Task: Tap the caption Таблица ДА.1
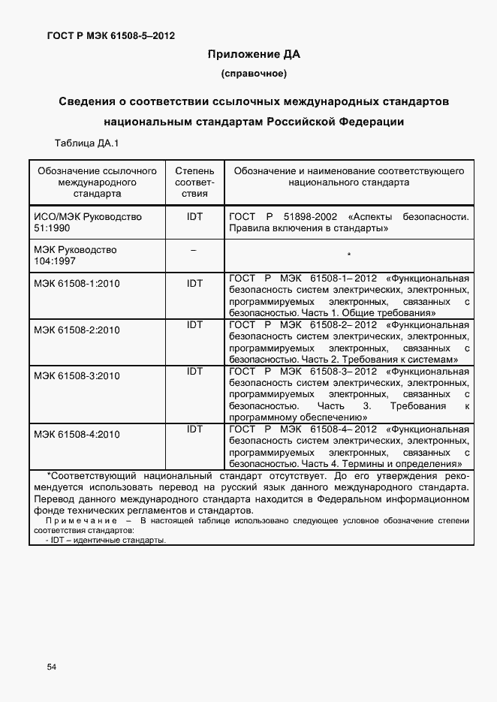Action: point(87,143)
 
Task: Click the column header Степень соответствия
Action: point(194,182)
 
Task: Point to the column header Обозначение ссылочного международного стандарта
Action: point(98,182)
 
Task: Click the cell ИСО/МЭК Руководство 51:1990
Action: point(88,222)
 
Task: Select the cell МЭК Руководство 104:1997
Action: point(75,255)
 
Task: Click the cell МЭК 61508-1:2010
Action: point(77,284)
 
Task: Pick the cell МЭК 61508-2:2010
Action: point(77,330)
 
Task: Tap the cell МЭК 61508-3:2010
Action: point(77,376)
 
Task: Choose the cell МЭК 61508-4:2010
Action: point(77,434)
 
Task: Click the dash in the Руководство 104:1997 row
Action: point(194,250)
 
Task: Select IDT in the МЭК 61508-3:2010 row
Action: point(194,371)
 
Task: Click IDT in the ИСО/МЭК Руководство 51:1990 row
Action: point(194,216)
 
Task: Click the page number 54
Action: point(52,667)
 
